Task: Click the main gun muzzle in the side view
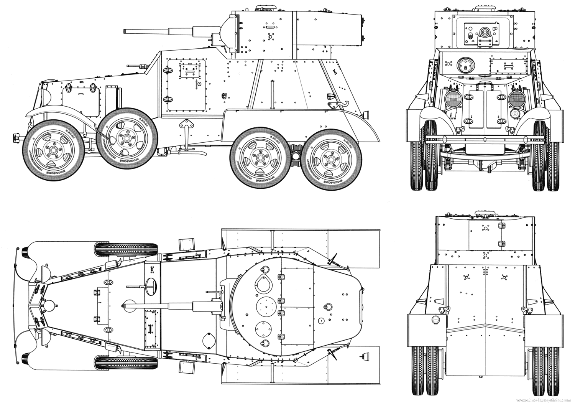(125, 31)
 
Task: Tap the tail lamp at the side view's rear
(366, 114)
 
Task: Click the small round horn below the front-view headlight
(516, 114)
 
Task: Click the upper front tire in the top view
(126, 249)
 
